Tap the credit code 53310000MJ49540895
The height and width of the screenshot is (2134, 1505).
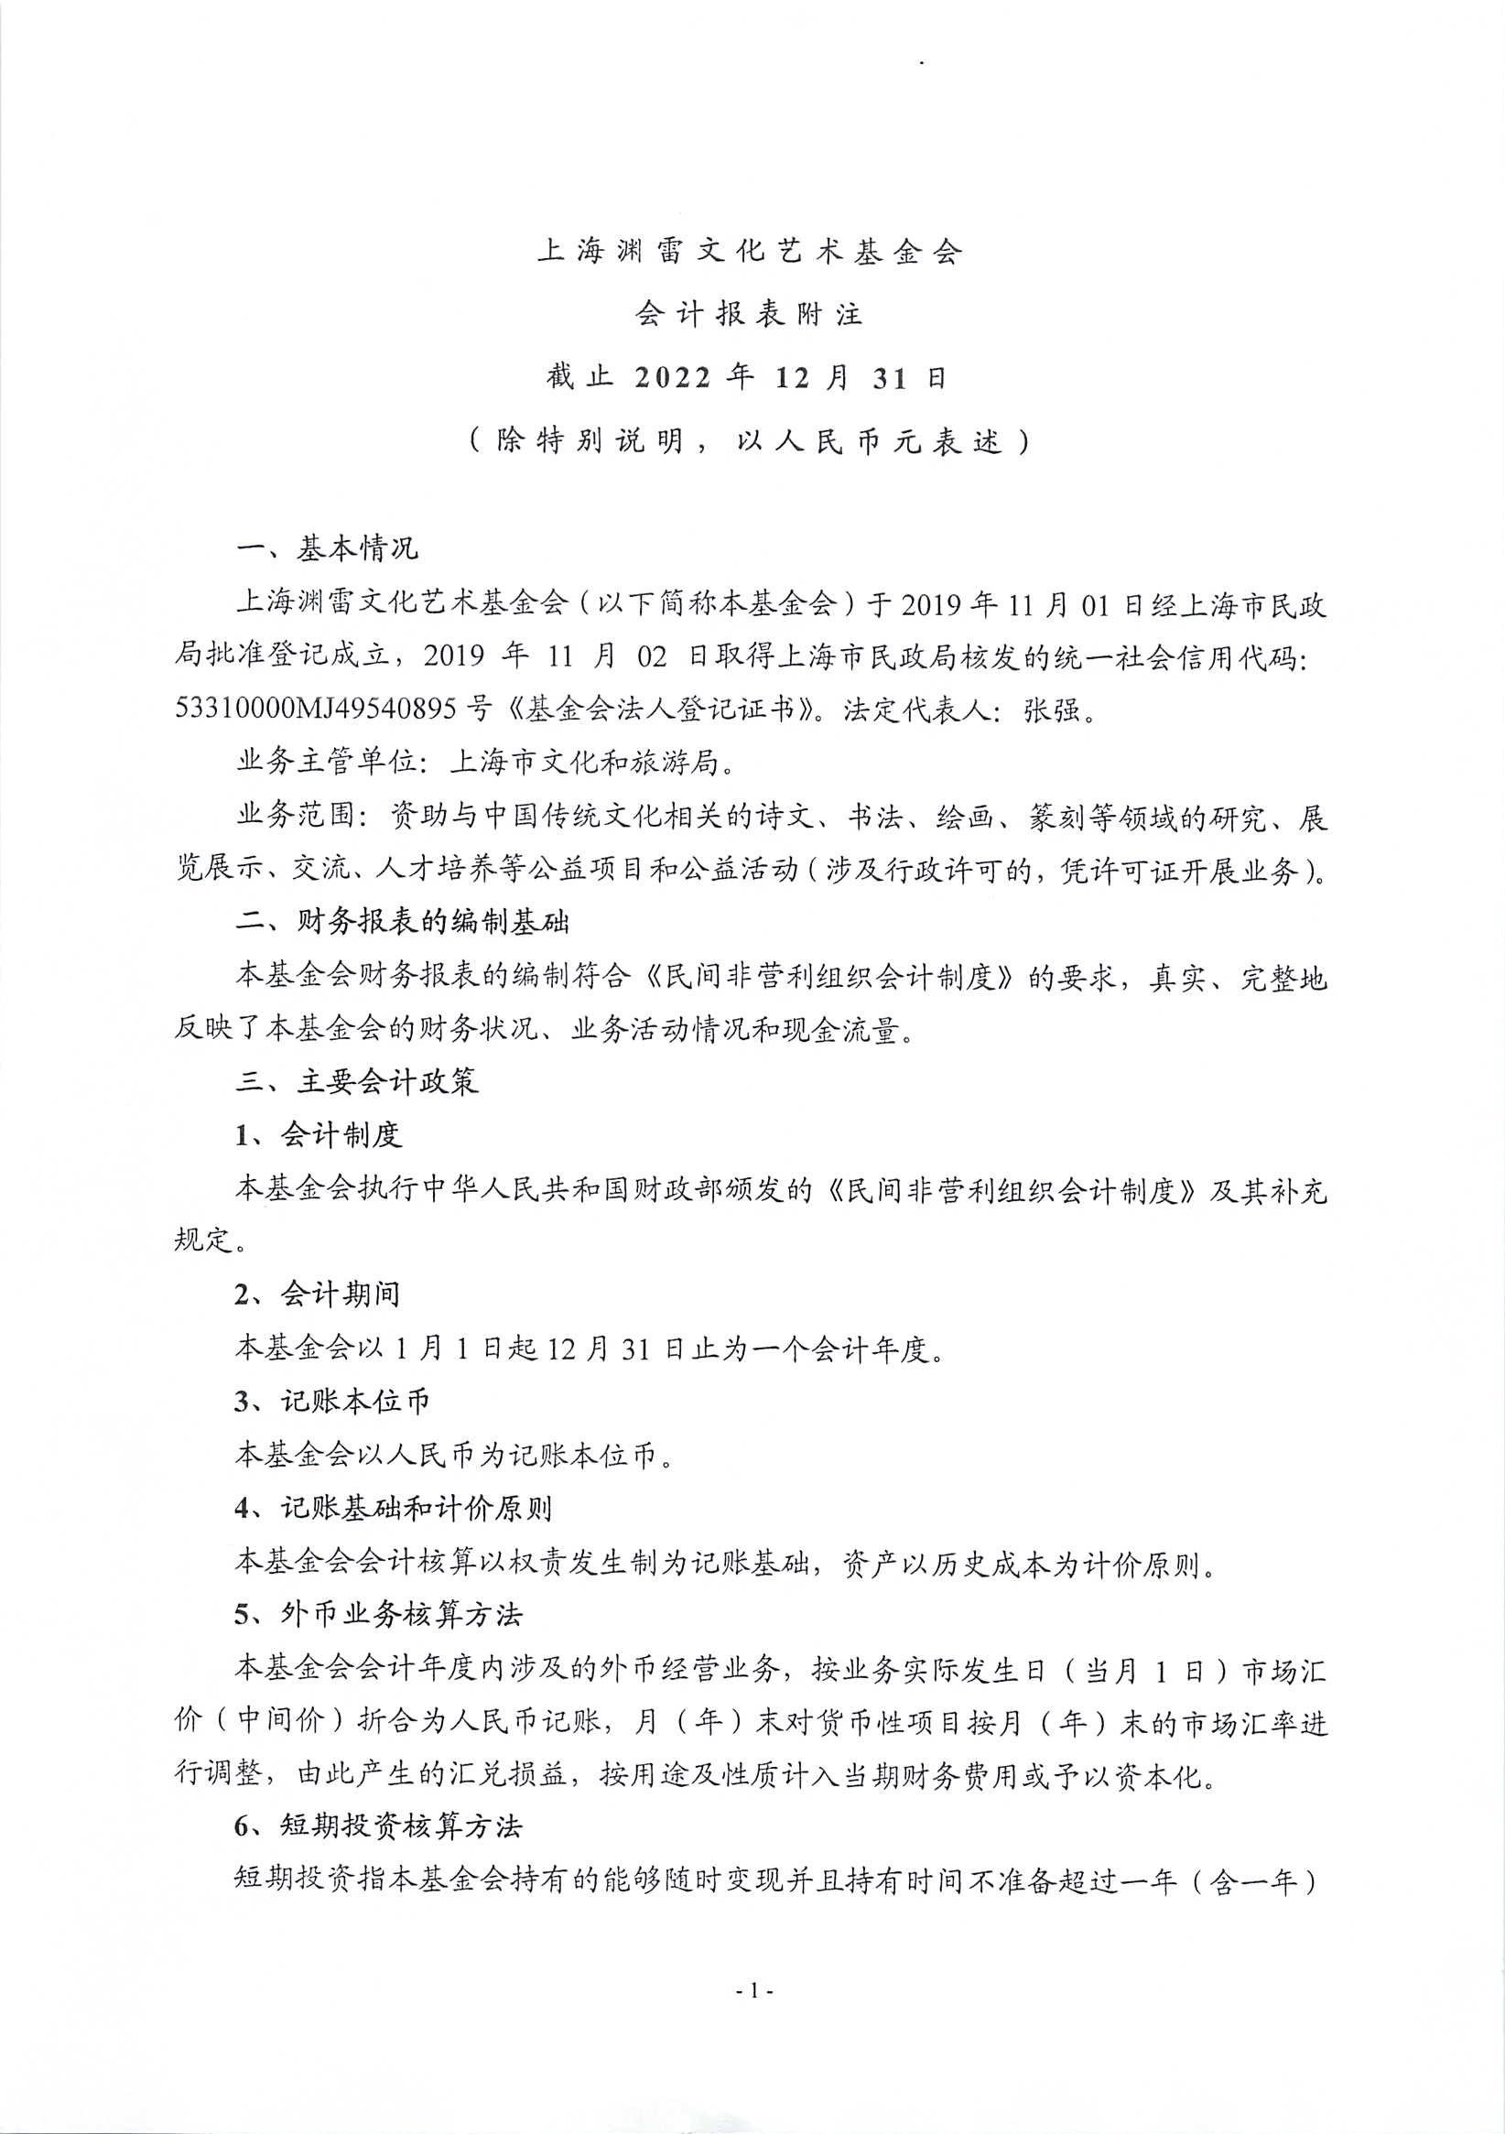(x=315, y=710)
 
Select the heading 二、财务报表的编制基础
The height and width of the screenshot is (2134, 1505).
(x=403, y=922)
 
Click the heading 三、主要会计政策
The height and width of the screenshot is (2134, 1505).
(x=357, y=1081)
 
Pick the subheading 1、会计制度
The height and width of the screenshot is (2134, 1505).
(x=318, y=1134)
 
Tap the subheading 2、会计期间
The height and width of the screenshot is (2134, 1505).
(x=318, y=1294)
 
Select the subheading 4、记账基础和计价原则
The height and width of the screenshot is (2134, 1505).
(x=394, y=1508)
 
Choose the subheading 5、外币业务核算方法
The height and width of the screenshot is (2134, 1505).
(x=378, y=1614)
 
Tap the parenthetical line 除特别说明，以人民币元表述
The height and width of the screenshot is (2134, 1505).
(x=749, y=440)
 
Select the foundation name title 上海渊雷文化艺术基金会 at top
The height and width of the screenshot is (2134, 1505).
(x=749, y=251)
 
